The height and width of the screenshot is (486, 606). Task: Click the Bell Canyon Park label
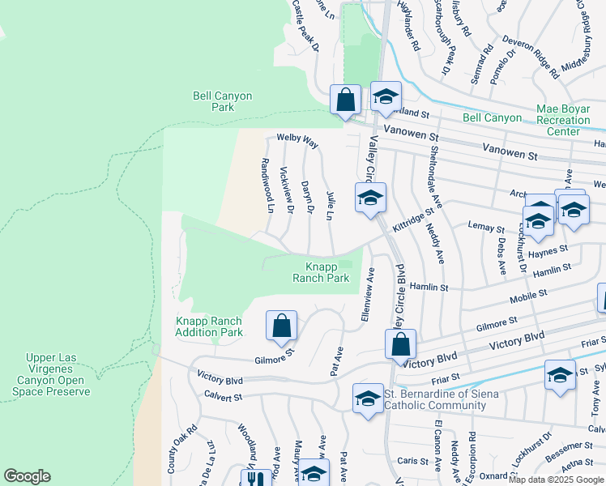(222, 101)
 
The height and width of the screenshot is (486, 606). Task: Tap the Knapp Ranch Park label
(321, 272)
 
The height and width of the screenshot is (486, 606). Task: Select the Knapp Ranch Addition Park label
(209, 326)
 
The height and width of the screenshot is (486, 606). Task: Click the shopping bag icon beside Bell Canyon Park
(346, 101)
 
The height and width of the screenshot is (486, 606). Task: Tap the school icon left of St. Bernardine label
(367, 399)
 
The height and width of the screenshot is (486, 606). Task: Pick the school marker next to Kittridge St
(370, 197)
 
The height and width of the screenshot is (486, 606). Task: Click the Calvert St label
(224, 397)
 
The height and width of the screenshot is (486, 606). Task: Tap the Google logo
(28, 476)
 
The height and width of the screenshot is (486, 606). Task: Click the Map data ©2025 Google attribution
(557, 480)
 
